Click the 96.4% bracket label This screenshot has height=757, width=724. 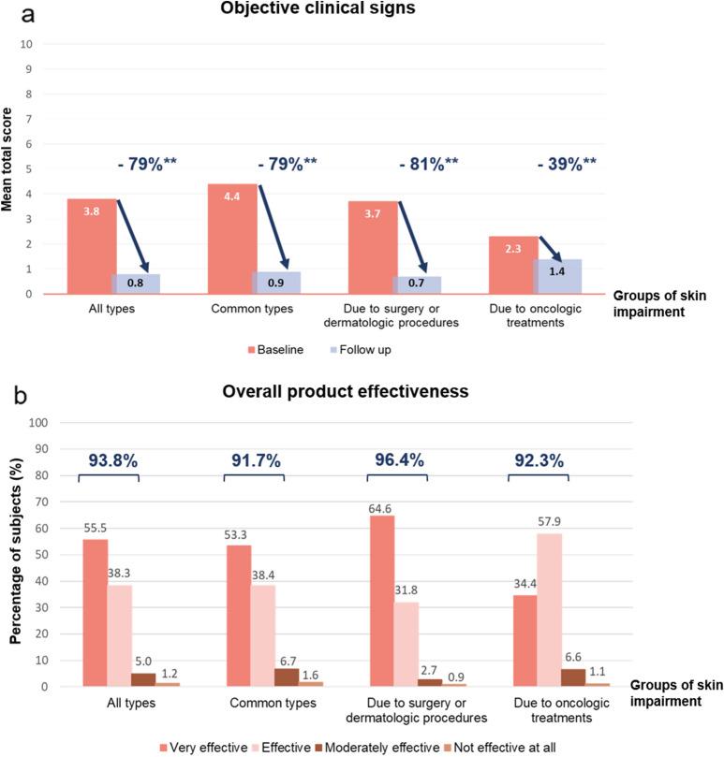[399, 459]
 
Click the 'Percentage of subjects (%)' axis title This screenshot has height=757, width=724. [14, 554]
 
